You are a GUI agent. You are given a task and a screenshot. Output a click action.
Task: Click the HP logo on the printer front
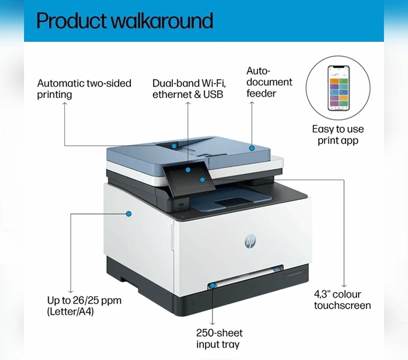(x=250, y=241)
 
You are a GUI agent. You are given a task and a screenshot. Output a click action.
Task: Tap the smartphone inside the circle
(x=338, y=88)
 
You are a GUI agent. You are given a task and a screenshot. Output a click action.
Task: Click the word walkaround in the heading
(x=163, y=20)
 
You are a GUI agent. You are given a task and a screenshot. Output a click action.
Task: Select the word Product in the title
(x=72, y=20)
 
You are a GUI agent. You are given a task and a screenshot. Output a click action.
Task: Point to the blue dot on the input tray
(x=212, y=286)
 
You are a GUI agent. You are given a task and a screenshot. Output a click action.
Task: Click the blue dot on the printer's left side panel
(x=128, y=214)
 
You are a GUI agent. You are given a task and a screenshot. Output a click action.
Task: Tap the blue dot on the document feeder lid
(x=251, y=148)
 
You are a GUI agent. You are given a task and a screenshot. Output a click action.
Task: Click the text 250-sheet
(x=220, y=333)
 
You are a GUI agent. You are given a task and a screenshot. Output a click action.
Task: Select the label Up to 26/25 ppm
(x=85, y=301)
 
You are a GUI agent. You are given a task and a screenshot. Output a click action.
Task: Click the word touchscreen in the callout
(x=343, y=305)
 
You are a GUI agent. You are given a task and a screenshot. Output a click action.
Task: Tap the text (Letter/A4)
(x=70, y=311)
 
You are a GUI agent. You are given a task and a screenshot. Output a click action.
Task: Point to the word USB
(x=213, y=94)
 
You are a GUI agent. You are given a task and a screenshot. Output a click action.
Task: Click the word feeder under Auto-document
(x=261, y=94)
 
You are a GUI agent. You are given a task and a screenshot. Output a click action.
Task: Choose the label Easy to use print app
(x=338, y=135)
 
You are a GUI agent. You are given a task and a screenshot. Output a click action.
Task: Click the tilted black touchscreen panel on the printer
(x=190, y=178)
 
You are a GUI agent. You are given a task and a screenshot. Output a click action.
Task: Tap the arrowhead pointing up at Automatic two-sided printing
(x=65, y=104)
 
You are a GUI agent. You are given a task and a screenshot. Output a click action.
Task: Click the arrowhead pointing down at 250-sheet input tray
(x=212, y=323)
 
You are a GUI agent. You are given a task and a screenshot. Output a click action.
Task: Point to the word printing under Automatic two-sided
(x=55, y=95)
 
